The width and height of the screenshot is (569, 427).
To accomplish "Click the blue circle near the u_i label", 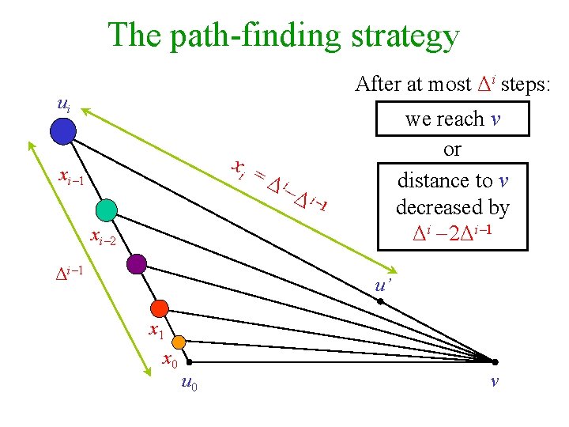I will [62, 131].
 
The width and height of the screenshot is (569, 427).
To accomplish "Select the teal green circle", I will [105, 210].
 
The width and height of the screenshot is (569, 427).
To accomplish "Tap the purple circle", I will [137, 263].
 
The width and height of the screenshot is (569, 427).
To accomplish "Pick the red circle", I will [160, 308].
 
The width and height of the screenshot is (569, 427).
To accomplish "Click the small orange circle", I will [179, 342].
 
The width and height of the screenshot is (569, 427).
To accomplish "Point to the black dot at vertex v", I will [495, 361].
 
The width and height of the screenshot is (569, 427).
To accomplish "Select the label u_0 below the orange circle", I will [189, 384].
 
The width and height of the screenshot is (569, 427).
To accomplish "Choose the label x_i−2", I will [104, 236].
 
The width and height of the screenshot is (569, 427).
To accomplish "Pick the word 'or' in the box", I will [452, 149].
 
